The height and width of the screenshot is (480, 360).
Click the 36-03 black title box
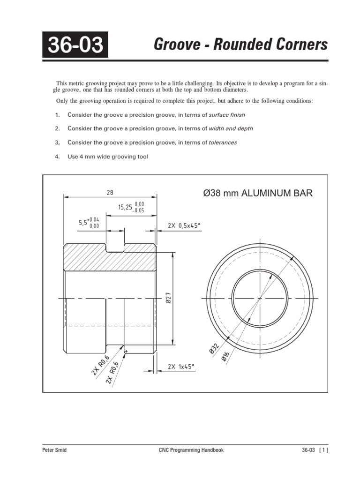(x=75, y=45)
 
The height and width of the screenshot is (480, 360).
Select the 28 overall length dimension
(x=110, y=192)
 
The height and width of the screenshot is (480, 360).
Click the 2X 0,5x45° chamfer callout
(x=184, y=225)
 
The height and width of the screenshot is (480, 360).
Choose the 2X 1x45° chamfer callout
(x=180, y=367)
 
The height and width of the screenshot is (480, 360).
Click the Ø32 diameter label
(x=213, y=348)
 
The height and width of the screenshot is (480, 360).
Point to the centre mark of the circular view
(x=260, y=298)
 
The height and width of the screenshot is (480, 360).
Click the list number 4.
(x=57, y=157)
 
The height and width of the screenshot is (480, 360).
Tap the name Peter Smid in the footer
(x=55, y=450)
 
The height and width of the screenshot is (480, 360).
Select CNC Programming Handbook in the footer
(x=189, y=450)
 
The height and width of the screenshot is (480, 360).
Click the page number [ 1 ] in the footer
(x=322, y=450)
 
